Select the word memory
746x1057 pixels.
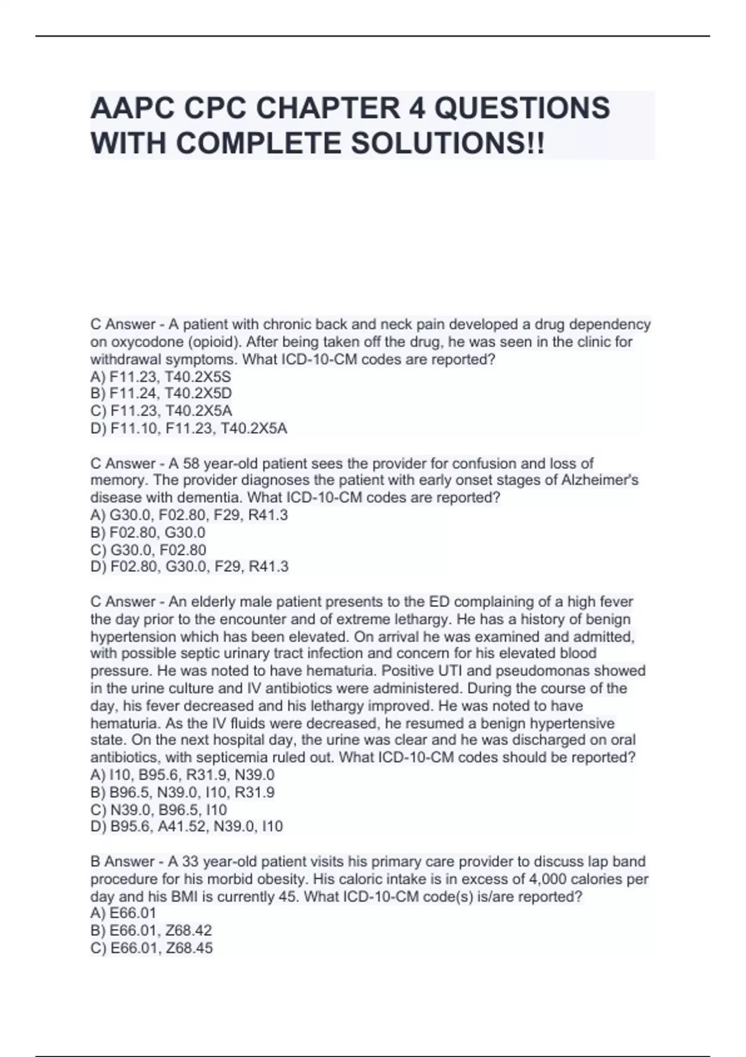click(x=117, y=481)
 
